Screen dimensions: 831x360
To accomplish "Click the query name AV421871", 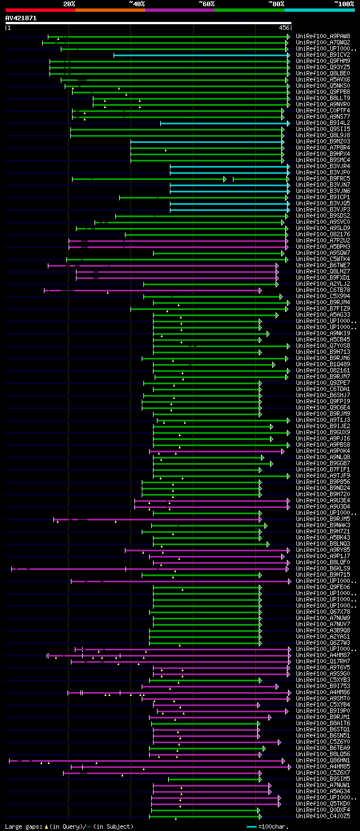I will tap(21, 18).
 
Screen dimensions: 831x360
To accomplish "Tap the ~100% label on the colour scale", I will tap(344, 3).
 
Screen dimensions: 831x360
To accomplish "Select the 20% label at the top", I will tap(69, 3).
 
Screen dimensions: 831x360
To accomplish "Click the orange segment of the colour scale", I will tap(110, 10).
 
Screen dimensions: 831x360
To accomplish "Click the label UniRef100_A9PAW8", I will tap(323, 36).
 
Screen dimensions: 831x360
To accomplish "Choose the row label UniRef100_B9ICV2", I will tap(323, 55).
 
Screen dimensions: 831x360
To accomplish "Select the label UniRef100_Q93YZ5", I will tap(323, 67).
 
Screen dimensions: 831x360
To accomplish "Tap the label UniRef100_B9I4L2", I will tap(323, 123).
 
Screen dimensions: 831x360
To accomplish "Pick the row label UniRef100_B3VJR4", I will tap(323, 166).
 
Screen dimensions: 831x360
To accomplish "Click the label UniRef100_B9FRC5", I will tap(323, 178).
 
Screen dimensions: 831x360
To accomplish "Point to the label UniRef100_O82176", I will tap(323, 234).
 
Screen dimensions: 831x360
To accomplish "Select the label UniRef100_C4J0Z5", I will tap(323, 816).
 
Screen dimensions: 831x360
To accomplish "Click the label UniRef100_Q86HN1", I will tap(323, 760).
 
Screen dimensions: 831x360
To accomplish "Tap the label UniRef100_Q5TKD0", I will tap(323, 803).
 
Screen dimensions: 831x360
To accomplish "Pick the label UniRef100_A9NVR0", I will tap(323, 104).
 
